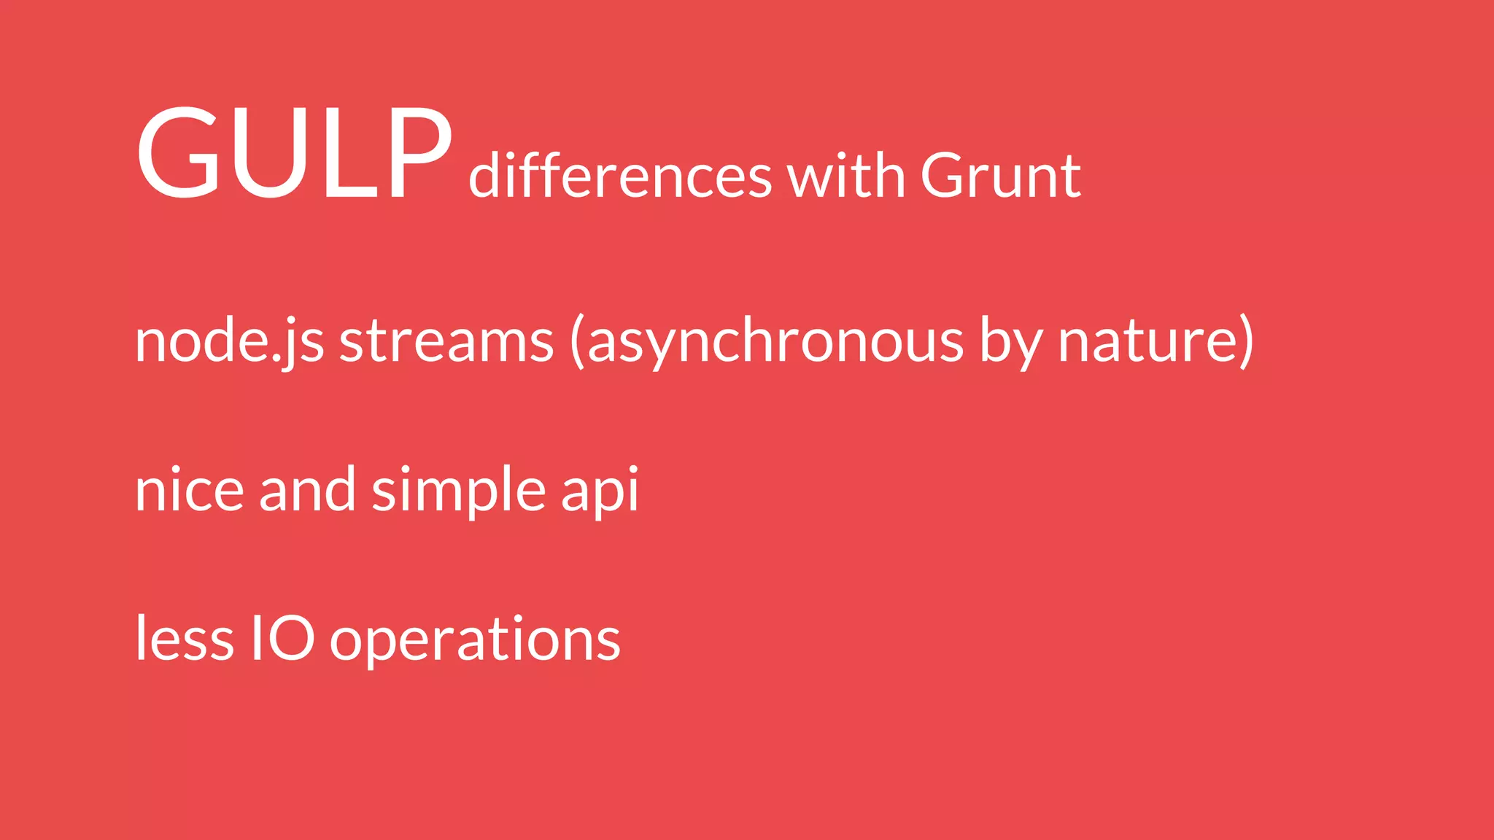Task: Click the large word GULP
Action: pos(293,153)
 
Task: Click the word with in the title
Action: pos(846,176)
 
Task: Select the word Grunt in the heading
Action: pos(1001,176)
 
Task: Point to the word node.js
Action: pos(229,341)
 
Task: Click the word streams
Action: pos(446,341)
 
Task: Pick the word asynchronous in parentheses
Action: pos(775,341)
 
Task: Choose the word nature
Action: pos(1147,341)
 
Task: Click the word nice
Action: pos(189,490)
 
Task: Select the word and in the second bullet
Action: pos(307,490)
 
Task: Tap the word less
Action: pos(185,639)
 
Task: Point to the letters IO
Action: pos(282,639)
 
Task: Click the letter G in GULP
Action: pos(179,153)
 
